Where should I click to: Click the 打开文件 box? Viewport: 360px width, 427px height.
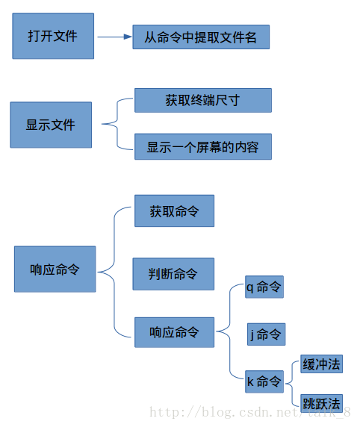point(53,36)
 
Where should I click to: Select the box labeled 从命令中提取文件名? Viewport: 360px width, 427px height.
point(201,37)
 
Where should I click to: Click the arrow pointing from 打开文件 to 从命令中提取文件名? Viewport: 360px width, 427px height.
point(115,37)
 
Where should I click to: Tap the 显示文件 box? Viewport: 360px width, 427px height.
point(51,125)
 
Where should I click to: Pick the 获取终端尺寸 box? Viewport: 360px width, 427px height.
point(203,100)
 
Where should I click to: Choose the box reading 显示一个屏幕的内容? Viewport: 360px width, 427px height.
point(203,146)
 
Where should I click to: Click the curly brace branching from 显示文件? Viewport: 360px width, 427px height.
point(117,124)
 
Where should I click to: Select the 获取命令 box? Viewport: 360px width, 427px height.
point(175,211)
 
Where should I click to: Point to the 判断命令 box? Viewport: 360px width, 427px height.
point(173,274)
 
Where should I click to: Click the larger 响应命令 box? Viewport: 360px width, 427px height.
point(55,269)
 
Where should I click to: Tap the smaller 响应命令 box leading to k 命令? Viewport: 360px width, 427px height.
point(175,332)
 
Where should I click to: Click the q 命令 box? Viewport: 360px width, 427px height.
point(264,287)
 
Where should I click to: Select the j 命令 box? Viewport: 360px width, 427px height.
point(266,334)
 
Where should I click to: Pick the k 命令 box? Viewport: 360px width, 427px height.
point(264,381)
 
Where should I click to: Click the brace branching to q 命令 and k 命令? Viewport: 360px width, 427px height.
point(230,331)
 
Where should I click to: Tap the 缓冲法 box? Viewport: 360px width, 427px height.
point(322,364)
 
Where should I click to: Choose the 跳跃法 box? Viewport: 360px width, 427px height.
point(322,403)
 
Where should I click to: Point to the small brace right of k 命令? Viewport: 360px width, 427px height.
point(292,384)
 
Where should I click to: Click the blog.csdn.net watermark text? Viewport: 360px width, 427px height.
point(250,412)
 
